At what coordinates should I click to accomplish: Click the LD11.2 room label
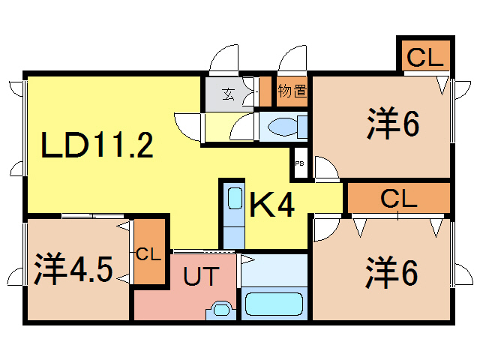[x=97, y=145]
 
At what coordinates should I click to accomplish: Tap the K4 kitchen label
[x=272, y=205]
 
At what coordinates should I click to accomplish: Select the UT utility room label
[x=201, y=276]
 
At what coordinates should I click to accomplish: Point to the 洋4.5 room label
[x=73, y=268]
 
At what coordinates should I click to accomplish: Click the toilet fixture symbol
[x=287, y=127]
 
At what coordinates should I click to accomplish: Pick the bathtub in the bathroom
[x=274, y=304]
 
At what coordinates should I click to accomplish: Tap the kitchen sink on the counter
[x=235, y=198]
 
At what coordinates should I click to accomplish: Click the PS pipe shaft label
[x=299, y=163]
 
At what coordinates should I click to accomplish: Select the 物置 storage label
[x=292, y=91]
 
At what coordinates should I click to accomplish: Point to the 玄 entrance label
[x=228, y=94]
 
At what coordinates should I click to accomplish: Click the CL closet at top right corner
[x=425, y=57]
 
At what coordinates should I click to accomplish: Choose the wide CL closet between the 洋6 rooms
[x=398, y=198]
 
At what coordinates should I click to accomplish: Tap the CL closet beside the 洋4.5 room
[x=149, y=252]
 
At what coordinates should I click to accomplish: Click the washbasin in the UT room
[x=221, y=310]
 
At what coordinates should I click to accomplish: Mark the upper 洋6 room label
[x=393, y=123]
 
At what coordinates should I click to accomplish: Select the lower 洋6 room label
[x=391, y=272]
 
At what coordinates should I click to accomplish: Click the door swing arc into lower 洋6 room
[x=334, y=232]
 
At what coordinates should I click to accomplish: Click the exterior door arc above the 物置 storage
[x=287, y=54]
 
